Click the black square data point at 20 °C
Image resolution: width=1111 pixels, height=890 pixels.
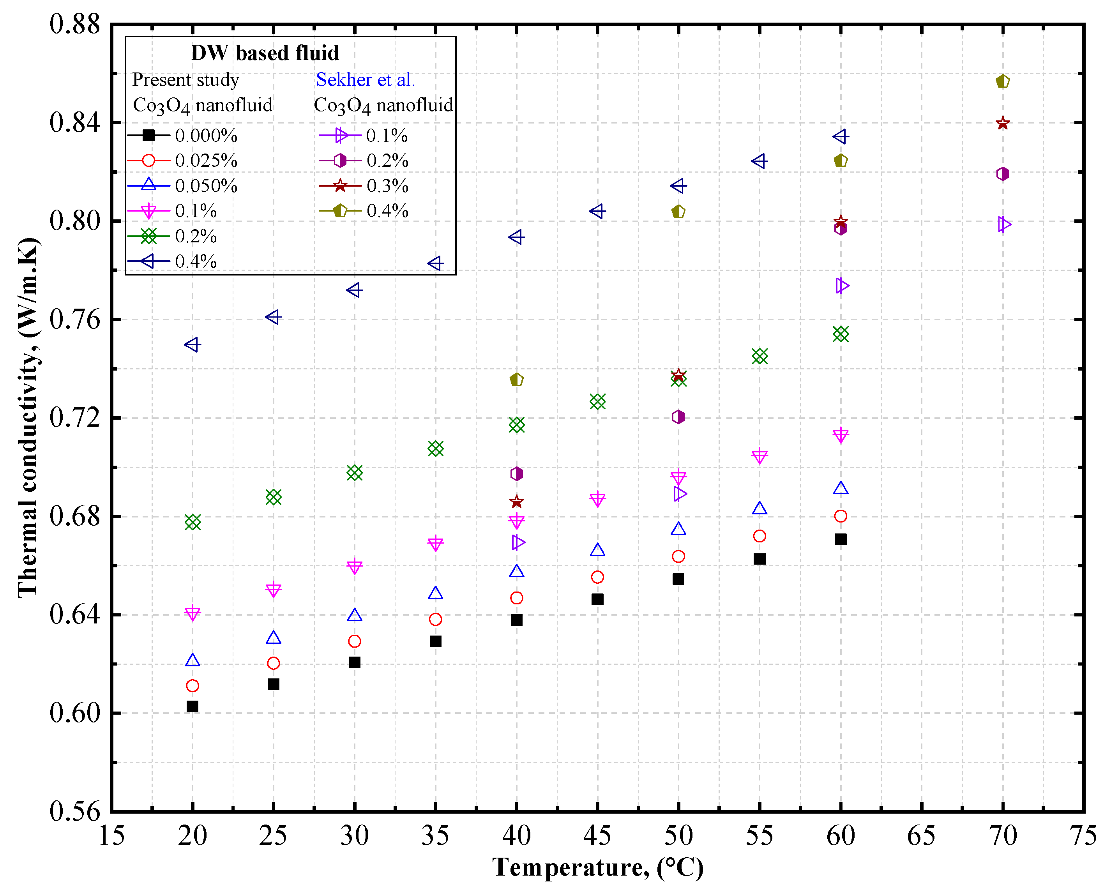(x=192, y=706)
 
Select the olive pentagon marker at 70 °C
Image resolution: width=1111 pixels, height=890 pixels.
(x=1002, y=81)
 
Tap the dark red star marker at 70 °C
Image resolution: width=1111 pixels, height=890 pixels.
(x=1002, y=124)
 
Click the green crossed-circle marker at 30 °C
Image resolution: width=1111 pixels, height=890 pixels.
(x=355, y=473)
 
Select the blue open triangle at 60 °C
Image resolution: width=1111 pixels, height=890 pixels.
(x=841, y=488)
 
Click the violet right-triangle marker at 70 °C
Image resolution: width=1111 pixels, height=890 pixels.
(x=1004, y=224)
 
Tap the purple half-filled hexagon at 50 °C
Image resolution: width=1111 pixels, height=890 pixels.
(x=678, y=417)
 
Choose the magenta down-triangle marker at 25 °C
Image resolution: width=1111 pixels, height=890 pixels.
(x=274, y=590)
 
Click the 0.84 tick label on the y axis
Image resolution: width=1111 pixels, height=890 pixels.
(x=74, y=123)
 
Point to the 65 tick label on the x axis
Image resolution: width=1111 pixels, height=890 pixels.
(x=921, y=835)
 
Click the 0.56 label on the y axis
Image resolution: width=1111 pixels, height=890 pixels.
(x=74, y=811)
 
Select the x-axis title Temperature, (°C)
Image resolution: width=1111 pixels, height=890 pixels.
(x=597, y=868)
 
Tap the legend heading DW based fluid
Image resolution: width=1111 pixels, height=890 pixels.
(x=265, y=53)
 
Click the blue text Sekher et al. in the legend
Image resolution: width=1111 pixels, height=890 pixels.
(x=365, y=79)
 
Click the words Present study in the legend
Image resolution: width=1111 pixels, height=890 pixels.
(x=185, y=79)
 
